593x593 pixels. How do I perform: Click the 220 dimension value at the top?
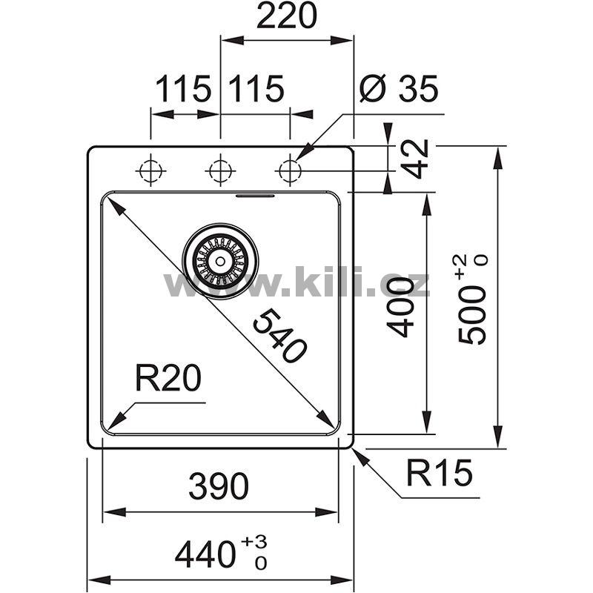point(286,16)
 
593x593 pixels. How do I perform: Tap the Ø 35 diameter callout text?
point(399,88)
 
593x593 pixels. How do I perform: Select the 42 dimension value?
point(415,159)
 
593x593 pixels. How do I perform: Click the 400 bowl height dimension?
point(400,307)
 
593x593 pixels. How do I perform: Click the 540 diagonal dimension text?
point(279,336)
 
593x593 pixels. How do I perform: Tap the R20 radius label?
point(168,378)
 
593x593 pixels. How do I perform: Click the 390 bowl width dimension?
point(219,486)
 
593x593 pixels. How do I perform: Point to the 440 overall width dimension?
point(205,554)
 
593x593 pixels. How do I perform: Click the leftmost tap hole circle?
point(150,171)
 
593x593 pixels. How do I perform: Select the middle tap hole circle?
point(220,171)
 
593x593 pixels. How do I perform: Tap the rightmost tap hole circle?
point(290,171)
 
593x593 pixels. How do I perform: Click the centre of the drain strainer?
point(220,261)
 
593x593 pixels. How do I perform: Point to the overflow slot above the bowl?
point(255,196)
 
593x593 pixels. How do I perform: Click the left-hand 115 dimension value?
point(182,89)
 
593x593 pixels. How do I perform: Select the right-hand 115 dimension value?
point(256,89)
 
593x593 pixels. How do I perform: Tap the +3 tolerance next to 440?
point(255,541)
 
